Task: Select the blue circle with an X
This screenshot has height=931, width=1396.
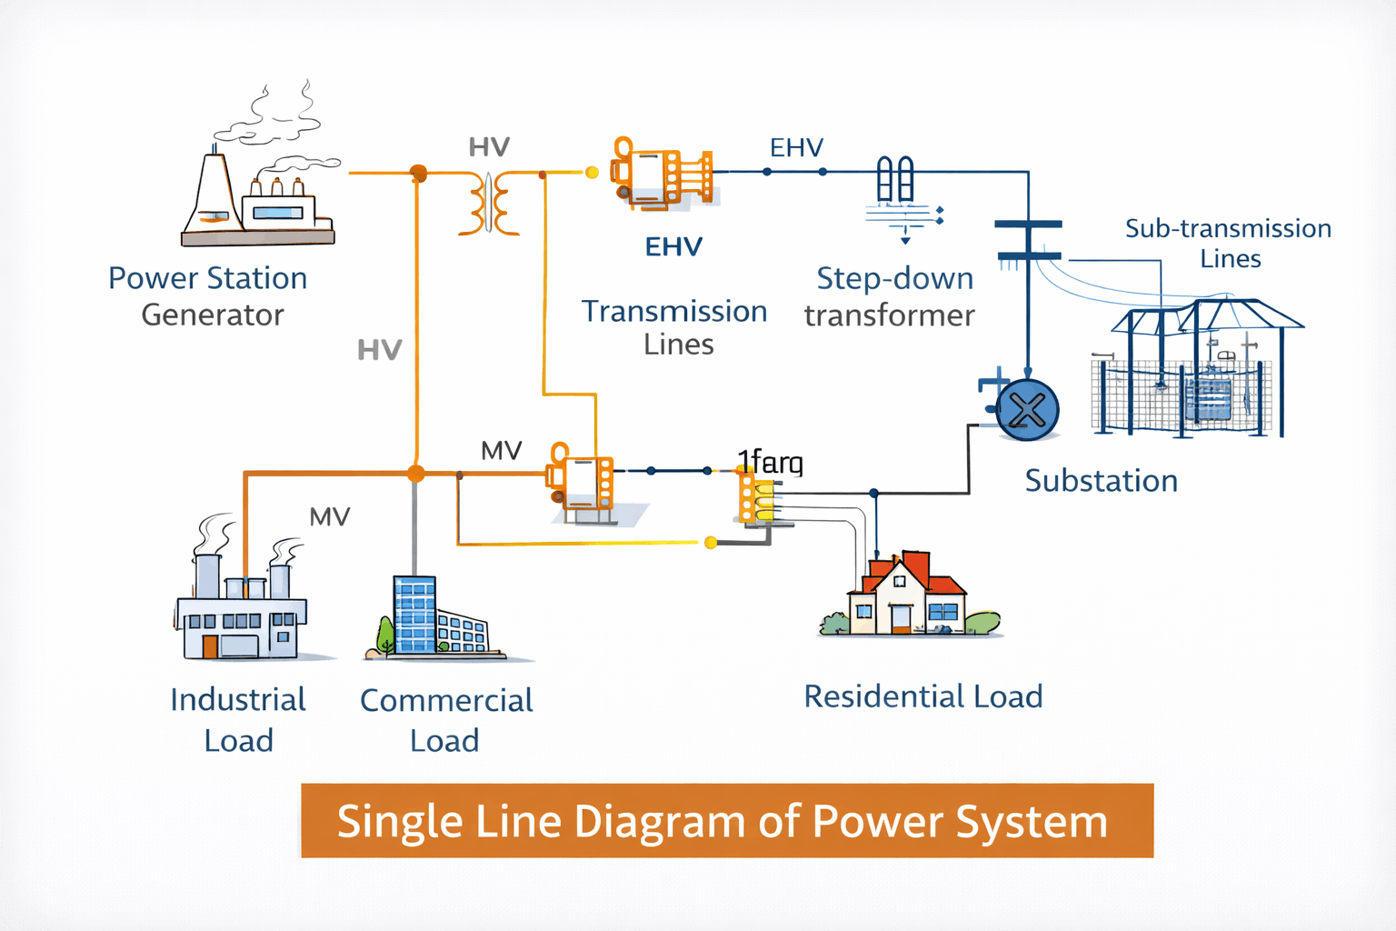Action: point(1028,410)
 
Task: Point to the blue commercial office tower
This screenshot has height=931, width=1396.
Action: point(415,615)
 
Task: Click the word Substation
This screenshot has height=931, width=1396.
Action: point(1101,481)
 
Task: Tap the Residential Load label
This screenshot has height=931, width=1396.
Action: point(923,696)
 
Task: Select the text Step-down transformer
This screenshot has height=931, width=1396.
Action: point(891,296)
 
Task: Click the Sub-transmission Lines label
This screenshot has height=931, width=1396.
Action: point(1229,243)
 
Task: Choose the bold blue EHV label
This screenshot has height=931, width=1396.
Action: point(673,246)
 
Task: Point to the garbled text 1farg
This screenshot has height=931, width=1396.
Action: point(771,463)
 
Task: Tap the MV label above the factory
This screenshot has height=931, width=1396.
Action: point(329,517)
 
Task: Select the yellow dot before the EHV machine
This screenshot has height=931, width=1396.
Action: point(592,172)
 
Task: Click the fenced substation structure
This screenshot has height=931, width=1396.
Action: point(1191,373)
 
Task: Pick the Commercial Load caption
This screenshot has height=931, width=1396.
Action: point(445,720)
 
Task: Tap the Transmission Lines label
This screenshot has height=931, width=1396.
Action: point(674,327)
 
